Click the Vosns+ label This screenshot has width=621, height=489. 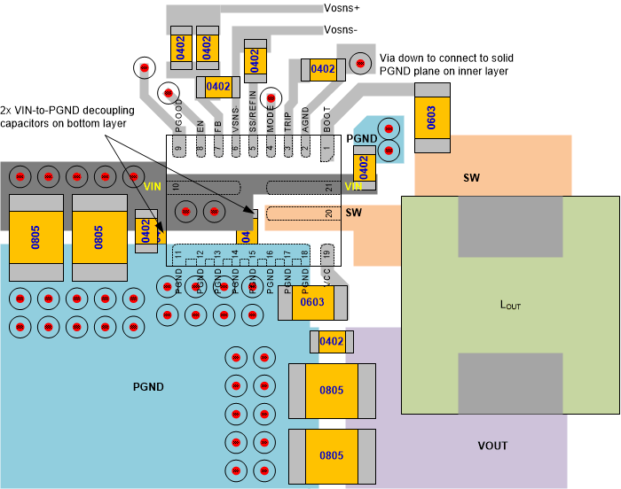pos(342,8)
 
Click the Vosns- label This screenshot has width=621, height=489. pos(342,29)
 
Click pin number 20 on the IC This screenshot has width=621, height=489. pos(328,213)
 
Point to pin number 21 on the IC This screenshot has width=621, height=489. pos(328,187)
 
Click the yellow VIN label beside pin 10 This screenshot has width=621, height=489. pos(153,186)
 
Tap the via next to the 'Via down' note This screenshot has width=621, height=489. pos(361,63)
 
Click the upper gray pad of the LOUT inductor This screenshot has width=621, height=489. pos(510,227)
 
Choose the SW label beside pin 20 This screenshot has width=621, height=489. pos(353,213)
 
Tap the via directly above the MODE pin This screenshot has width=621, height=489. pos(271,97)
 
